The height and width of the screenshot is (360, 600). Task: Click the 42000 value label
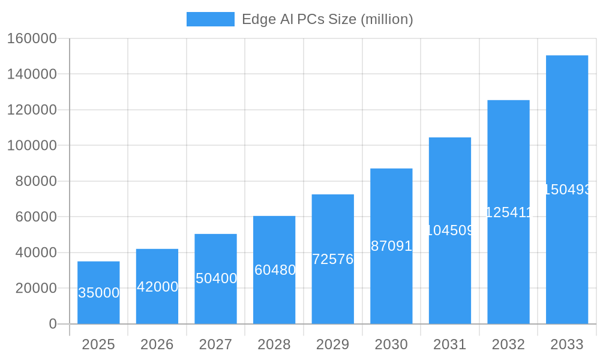(157, 287)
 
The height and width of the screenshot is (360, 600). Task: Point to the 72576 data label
(333, 259)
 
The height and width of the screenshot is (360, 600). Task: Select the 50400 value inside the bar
(216, 278)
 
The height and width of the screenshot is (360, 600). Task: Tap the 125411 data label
(508, 212)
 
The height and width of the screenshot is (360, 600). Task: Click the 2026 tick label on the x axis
(157, 344)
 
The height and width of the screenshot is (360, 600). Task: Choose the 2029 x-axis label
(333, 344)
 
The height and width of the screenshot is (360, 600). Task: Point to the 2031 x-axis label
(450, 344)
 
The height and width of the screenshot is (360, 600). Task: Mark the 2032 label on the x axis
(508, 344)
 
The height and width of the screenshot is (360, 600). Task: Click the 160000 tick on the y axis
(32, 39)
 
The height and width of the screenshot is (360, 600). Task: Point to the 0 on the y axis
(53, 324)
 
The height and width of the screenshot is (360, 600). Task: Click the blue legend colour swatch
(210, 19)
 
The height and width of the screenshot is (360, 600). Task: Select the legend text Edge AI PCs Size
(327, 19)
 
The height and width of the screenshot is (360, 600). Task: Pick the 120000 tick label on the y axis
(32, 110)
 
